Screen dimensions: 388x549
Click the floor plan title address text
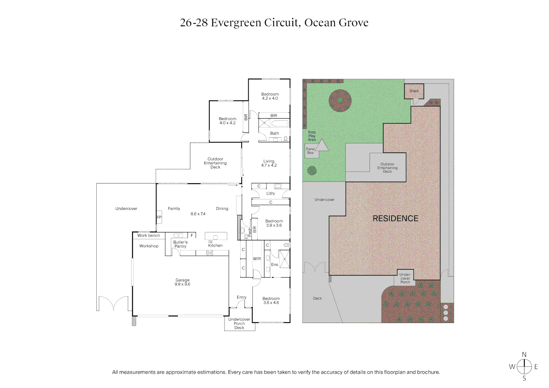tap(274, 23)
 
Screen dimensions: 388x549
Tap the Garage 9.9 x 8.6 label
tap(183, 282)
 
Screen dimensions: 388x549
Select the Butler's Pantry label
tap(180, 244)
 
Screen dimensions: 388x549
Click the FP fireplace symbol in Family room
tap(159, 217)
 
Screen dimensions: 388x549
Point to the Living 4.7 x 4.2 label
tap(269, 163)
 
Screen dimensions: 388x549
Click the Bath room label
tap(274, 133)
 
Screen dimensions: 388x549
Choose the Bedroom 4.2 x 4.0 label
tap(270, 96)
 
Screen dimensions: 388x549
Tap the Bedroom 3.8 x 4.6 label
tap(271, 301)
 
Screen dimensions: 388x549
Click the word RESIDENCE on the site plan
tap(396, 218)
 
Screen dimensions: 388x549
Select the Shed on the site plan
tap(414, 91)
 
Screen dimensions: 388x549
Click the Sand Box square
tap(310, 151)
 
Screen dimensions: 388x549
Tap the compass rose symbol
tap(524, 366)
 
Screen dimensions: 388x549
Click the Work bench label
tap(148, 236)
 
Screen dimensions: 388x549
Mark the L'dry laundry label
tap(271, 193)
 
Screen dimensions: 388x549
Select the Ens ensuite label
tap(274, 265)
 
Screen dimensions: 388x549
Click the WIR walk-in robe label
tap(257, 259)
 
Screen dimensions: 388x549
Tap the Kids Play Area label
tap(312, 136)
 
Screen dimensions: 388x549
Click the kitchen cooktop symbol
tap(209, 253)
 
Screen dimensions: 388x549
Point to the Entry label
tap(241, 297)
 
